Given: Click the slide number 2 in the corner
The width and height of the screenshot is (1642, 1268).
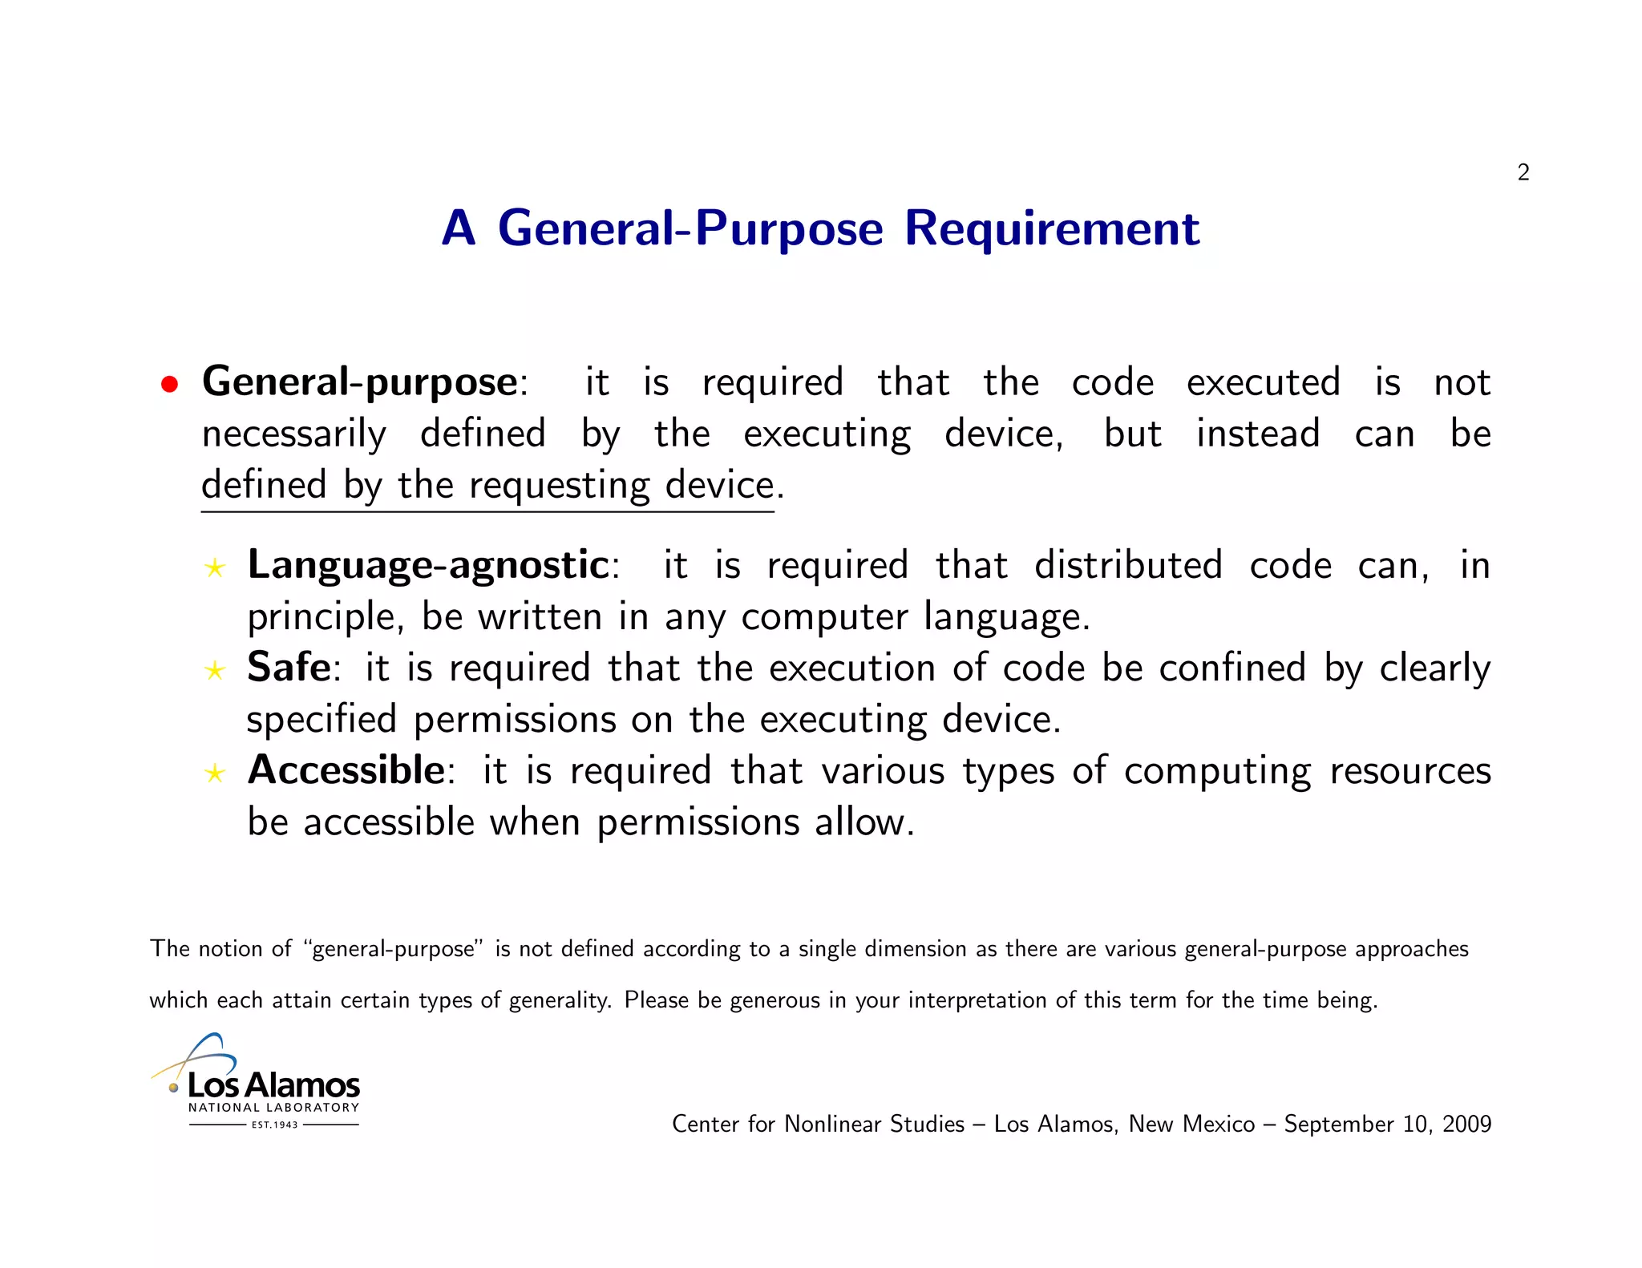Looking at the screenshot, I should pos(1523,172).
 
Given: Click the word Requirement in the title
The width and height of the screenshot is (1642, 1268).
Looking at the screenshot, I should pos(1052,228).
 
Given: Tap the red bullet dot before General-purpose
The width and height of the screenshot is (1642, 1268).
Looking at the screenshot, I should pos(168,385).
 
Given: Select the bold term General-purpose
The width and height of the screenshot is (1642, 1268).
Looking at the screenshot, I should pos(359,382).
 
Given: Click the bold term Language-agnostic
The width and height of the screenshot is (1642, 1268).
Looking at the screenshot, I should pos(428,565).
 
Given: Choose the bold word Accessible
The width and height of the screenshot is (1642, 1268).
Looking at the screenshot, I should pos(346,770).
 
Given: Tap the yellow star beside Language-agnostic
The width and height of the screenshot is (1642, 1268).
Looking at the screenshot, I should pos(214,568).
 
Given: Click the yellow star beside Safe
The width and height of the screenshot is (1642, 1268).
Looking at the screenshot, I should pos(214,670).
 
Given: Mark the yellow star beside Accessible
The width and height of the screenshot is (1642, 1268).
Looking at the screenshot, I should pos(214,773).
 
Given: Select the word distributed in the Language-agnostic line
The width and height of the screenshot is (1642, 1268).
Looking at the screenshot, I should pos(1128,565).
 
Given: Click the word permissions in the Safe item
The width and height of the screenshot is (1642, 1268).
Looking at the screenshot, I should pos(515,720).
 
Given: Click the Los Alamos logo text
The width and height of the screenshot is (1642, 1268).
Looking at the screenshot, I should pos(273,1085).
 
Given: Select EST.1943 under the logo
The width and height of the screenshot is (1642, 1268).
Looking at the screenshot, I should pos(274,1125).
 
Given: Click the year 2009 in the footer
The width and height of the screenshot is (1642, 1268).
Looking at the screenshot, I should pos(1466,1124).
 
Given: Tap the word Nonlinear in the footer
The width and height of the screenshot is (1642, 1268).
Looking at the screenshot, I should pos(833,1124).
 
